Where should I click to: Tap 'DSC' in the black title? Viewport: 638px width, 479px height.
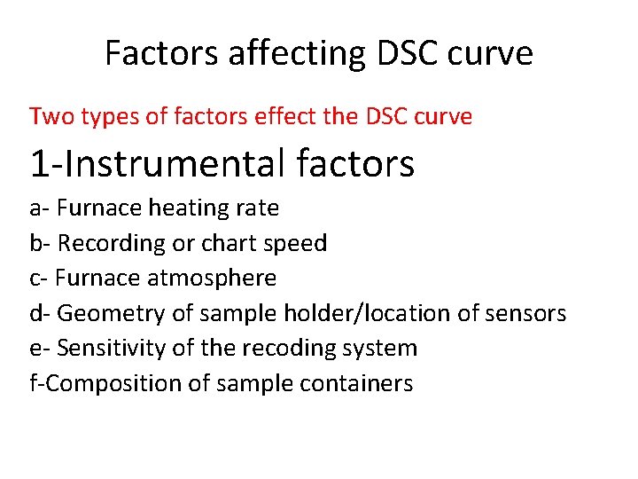408,53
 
